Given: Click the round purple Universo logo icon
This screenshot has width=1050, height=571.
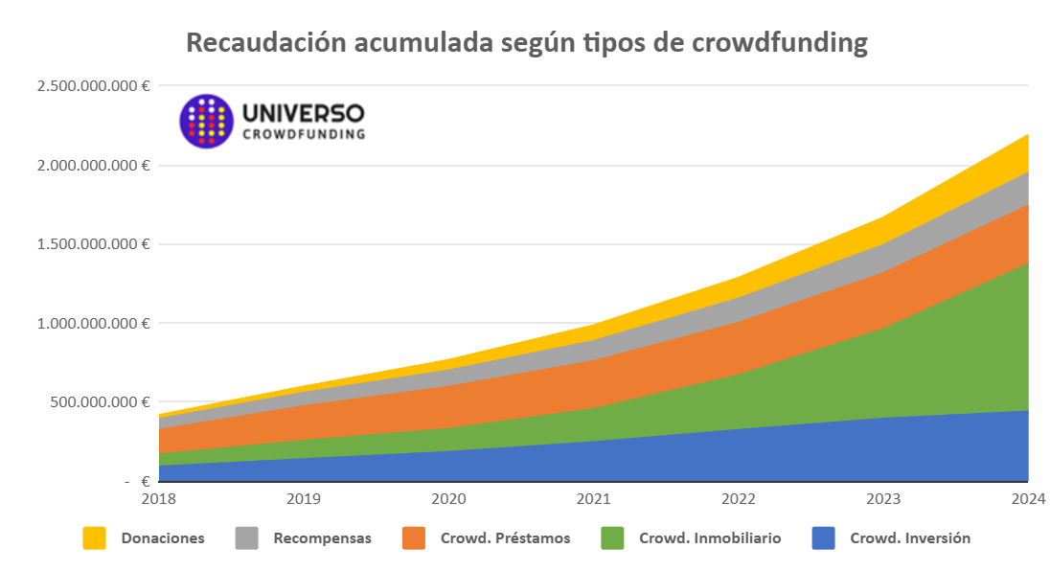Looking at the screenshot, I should click(206, 121).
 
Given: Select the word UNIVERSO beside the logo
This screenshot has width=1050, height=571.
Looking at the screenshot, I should click(304, 113).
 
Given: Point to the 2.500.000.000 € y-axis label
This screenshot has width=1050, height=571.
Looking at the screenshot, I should click(93, 86).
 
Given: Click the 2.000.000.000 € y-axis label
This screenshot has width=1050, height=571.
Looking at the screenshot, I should click(93, 165).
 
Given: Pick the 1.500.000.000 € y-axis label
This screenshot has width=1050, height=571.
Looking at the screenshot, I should click(93, 244).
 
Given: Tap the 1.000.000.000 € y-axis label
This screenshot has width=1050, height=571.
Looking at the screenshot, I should click(93, 323).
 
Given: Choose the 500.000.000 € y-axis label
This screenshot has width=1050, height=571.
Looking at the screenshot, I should click(100, 401).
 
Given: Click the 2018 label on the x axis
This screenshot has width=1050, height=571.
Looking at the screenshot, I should click(159, 498).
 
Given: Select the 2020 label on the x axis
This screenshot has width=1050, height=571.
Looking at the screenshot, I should click(448, 498).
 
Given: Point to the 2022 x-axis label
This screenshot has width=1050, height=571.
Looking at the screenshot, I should click(738, 498).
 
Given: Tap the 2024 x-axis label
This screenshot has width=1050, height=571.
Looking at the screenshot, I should click(1027, 498).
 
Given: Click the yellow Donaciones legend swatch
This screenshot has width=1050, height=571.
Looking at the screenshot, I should click(94, 538).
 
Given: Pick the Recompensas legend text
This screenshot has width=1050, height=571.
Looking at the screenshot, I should click(322, 538).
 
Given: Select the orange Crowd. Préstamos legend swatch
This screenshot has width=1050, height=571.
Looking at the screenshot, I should click(414, 538).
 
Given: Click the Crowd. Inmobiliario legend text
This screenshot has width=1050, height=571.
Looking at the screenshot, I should click(710, 538).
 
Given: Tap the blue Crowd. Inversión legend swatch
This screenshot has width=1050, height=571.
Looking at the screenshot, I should click(824, 538).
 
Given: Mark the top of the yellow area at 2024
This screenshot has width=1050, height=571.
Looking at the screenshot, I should click(1028, 135).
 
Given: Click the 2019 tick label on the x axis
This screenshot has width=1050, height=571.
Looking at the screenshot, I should click(304, 498).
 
